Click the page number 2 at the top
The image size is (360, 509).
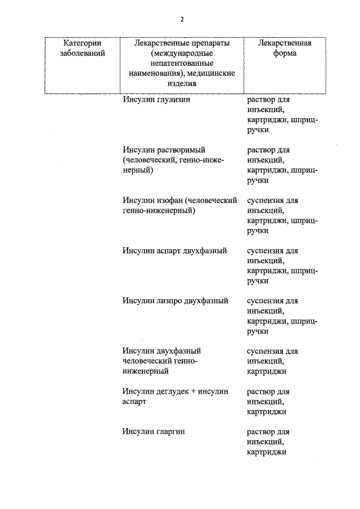click(x=182, y=20)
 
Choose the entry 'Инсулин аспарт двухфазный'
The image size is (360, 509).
click(x=174, y=250)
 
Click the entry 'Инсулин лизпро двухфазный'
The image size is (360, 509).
click(x=175, y=300)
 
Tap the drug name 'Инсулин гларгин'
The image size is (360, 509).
click(x=154, y=431)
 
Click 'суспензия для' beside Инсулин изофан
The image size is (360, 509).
click(x=273, y=200)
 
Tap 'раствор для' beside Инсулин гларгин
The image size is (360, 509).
click(x=268, y=431)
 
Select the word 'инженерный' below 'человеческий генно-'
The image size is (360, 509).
click(x=145, y=371)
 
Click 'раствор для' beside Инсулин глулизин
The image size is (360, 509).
click(x=268, y=100)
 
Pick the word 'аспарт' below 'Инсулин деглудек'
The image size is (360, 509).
click(x=134, y=402)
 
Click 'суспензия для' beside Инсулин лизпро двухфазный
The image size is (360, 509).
click(x=273, y=300)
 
